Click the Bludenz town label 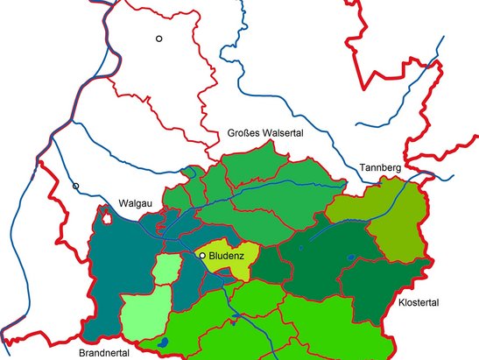(228, 255)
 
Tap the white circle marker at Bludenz (203, 255)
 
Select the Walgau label (136, 205)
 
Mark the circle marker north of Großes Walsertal (159, 39)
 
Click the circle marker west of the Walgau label (76, 186)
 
